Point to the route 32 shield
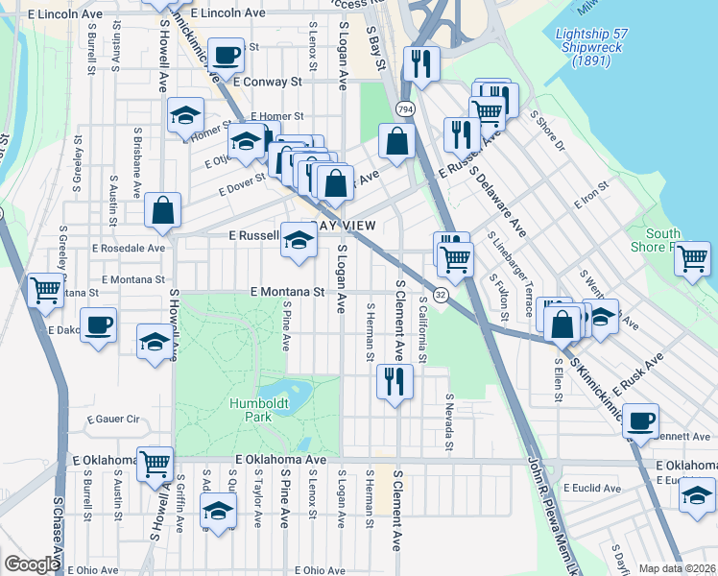(441, 294)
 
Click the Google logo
(31, 564)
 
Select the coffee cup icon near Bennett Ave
(640, 420)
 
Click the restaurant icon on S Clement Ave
(395, 381)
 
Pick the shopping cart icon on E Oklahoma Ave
(155, 463)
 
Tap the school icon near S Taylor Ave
(219, 512)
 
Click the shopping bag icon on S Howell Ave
(163, 209)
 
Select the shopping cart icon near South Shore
(692, 258)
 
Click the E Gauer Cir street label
(113, 420)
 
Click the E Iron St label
(591, 195)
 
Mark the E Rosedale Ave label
(129, 248)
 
